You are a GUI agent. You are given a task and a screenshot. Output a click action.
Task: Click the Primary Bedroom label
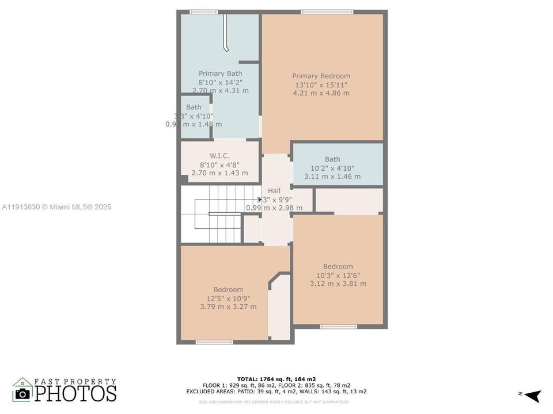point(321,76)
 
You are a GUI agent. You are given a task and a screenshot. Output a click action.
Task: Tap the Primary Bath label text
point(220,73)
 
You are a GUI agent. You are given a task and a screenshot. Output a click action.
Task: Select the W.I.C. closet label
point(219,156)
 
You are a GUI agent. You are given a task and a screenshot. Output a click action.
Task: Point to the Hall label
point(274,190)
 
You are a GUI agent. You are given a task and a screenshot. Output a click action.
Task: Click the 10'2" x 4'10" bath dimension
point(332,168)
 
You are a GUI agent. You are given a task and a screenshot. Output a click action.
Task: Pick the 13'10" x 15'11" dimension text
point(321,85)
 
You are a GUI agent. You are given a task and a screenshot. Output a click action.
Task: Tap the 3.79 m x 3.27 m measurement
point(228,306)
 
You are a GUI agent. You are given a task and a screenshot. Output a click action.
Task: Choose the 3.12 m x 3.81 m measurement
point(338,283)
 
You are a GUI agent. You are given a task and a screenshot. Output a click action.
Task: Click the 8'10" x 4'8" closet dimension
point(219,164)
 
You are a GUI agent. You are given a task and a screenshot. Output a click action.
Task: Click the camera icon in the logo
point(23,393)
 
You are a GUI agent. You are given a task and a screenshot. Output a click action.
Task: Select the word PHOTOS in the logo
point(75,393)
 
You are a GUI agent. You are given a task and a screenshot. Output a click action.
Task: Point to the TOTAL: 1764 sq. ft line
point(276,379)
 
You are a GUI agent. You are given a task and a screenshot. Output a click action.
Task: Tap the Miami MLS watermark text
point(56,207)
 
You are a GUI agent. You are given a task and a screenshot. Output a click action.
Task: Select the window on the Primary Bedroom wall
point(327,11)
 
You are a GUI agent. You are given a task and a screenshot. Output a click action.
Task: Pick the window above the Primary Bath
point(204,11)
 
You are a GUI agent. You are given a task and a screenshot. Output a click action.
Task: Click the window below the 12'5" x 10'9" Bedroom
point(214,342)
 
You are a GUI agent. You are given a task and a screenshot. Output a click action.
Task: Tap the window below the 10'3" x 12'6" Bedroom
point(338,327)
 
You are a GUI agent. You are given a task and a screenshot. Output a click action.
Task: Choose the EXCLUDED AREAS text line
point(276,391)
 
